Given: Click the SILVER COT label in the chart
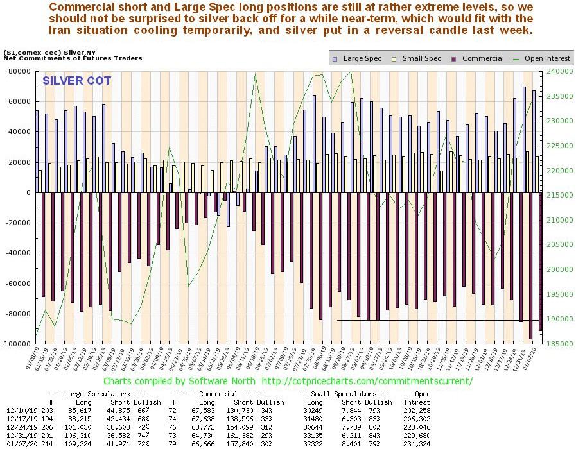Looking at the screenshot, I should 76,81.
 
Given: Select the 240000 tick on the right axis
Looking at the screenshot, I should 558,72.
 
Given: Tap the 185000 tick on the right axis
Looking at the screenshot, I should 558,344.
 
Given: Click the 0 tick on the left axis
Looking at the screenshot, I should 28,193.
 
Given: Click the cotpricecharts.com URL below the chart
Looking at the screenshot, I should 368,381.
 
